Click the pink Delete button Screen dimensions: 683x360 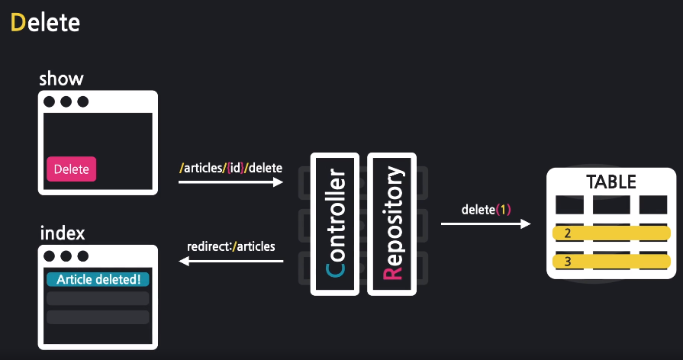pyautogui.click(x=72, y=169)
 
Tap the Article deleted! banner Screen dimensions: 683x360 pyautogui.click(x=98, y=279)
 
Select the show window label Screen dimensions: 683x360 pyautogui.click(x=61, y=79)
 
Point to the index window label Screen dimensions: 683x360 pyautogui.click(x=62, y=232)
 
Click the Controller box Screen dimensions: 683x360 pyautogui.click(x=334, y=223)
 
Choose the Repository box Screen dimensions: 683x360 pyautogui.click(x=391, y=223)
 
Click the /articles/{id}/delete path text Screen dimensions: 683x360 pyautogui.click(x=230, y=168)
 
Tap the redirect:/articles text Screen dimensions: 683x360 pyautogui.click(x=231, y=246)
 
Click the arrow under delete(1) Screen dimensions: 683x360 pyautogui.click(x=485, y=224)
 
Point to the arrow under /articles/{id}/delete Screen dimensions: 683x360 pyautogui.click(x=231, y=183)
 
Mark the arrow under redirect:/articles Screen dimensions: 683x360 pyautogui.click(x=231, y=262)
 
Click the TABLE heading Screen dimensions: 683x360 pyautogui.click(x=611, y=182)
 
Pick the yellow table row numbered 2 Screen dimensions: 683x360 pyautogui.click(x=611, y=233)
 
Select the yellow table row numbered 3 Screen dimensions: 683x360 pyautogui.click(x=611, y=262)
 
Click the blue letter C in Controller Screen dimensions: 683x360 pyautogui.click(x=334, y=271)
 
